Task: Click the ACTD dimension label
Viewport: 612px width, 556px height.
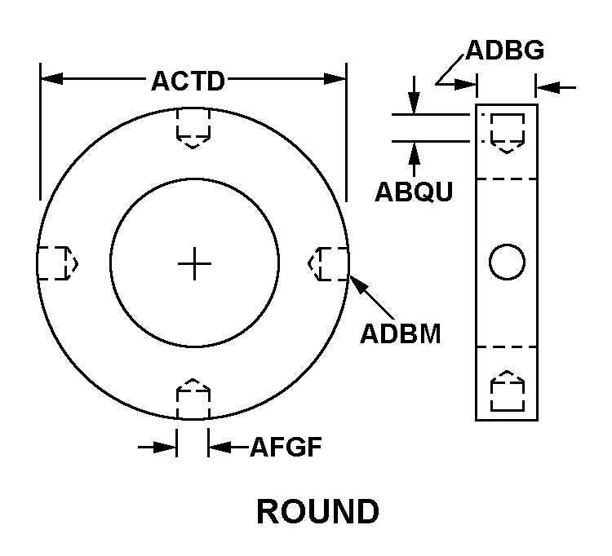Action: (x=188, y=81)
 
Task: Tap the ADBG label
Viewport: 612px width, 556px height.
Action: (x=505, y=51)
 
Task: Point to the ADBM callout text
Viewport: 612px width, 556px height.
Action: (x=400, y=334)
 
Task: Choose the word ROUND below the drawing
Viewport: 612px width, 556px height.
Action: (x=317, y=512)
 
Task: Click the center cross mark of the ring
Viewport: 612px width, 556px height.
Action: (x=194, y=263)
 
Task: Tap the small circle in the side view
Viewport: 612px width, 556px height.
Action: (x=506, y=262)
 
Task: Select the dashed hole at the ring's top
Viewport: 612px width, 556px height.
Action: (x=193, y=127)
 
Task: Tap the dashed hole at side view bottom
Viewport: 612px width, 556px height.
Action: (x=507, y=391)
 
